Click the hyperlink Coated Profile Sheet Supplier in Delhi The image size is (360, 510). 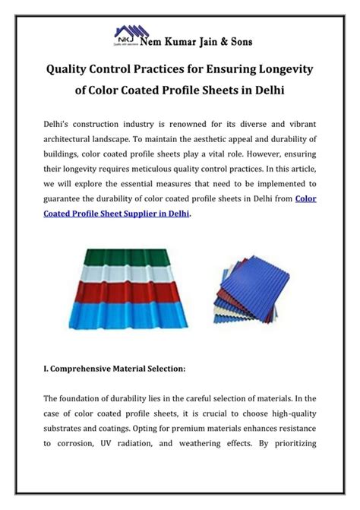(114, 214)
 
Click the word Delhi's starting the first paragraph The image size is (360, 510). (59, 122)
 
